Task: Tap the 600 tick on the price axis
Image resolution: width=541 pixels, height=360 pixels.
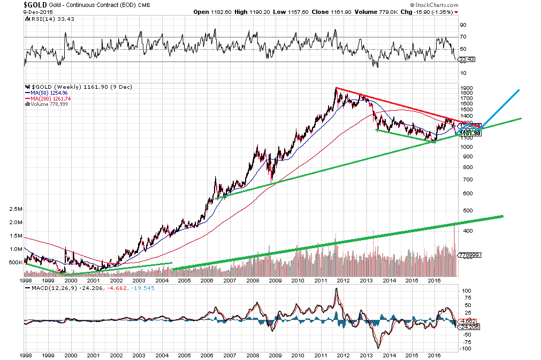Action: coord(465,194)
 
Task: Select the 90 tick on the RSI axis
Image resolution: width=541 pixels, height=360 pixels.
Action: coord(463,25)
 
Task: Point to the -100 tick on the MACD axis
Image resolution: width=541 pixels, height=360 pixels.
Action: coord(466,348)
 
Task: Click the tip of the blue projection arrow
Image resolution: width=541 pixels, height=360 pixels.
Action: coord(519,89)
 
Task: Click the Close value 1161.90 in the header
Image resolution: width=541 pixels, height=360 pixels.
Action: coord(334,12)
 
